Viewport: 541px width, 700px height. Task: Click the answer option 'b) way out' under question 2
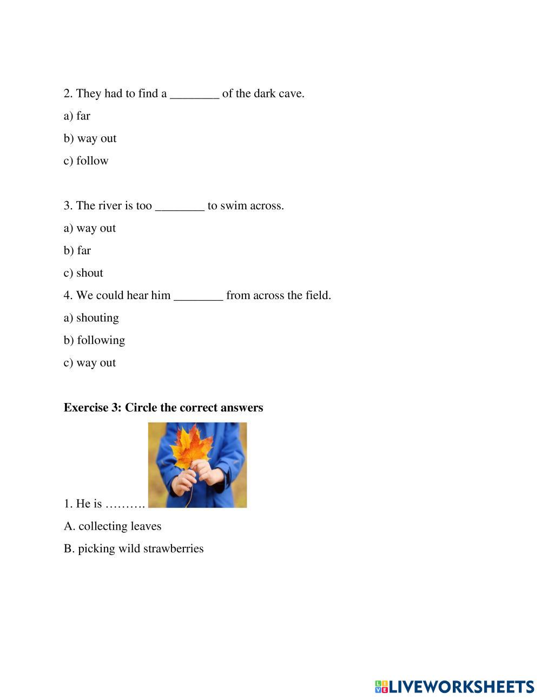[90, 138]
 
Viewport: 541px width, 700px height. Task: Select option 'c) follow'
[86, 161]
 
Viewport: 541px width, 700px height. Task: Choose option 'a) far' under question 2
[77, 116]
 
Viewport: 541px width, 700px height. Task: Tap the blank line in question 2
[194, 95]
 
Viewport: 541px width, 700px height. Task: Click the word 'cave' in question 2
[291, 94]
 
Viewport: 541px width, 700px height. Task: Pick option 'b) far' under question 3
[77, 250]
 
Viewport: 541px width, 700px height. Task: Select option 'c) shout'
[83, 273]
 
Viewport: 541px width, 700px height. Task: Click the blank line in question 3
[180, 207]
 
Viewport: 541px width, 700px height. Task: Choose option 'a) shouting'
[91, 318]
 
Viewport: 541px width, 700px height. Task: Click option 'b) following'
[94, 340]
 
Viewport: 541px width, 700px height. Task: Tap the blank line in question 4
[198, 296]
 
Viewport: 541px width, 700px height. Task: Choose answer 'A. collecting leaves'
[113, 526]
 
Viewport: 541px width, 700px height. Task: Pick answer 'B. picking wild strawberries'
[134, 549]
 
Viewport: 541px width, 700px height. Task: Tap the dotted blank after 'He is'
[125, 504]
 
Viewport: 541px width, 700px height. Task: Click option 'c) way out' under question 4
[90, 363]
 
